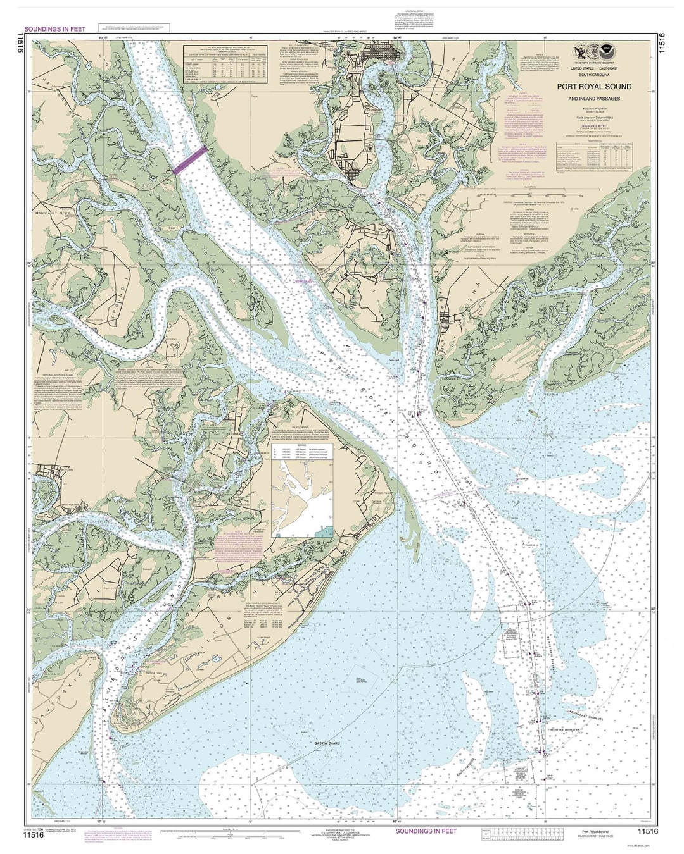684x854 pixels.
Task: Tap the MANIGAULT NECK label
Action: point(55,216)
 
